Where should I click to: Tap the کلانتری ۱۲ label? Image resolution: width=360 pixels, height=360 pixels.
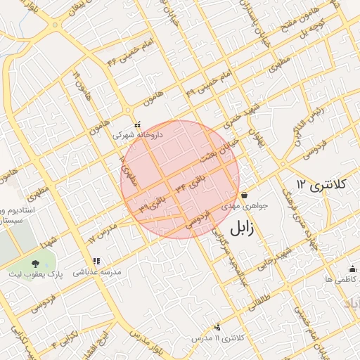[x=321, y=184]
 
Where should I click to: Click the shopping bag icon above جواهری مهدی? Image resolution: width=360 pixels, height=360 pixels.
[x=244, y=195]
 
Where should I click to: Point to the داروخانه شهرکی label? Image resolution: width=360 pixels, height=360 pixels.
[x=139, y=133]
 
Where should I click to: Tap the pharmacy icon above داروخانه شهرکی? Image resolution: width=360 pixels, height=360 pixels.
[x=137, y=123]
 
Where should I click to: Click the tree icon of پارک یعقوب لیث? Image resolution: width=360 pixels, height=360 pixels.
[x=35, y=264]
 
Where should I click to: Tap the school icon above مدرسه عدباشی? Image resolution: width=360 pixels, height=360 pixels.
[x=96, y=262]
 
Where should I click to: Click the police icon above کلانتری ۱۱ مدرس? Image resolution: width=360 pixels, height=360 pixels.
[x=217, y=327]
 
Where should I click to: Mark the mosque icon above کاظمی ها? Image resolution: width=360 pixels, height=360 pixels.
[x=352, y=269]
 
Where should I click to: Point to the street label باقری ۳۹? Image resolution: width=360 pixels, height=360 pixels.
[x=153, y=202]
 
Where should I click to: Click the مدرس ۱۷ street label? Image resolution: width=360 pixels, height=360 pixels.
[x=102, y=235]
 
